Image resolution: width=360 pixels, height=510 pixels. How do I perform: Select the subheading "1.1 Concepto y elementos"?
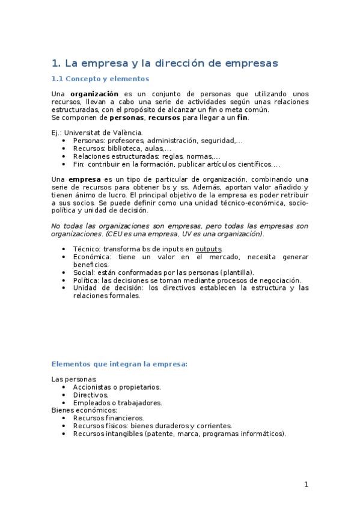pyautogui.click(x=100, y=79)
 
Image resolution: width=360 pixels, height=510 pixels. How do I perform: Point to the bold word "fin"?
pyautogui.click(x=243, y=117)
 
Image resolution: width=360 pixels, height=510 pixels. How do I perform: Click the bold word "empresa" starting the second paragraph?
pyautogui.click(x=84, y=179)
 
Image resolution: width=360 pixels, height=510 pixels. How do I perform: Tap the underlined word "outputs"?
pyautogui.click(x=209, y=248)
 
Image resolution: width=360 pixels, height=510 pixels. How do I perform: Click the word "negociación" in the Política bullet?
pyautogui.click(x=277, y=280)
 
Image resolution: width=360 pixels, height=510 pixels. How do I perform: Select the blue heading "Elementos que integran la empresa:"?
pyautogui.click(x=120, y=364)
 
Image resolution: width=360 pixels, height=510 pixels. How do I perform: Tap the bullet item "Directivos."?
pyautogui.click(x=90, y=395)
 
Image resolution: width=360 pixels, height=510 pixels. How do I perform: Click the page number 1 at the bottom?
pyautogui.click(x=306, y=485)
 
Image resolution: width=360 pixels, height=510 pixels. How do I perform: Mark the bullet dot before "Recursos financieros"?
pyautogui.click(x=64, y=417)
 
